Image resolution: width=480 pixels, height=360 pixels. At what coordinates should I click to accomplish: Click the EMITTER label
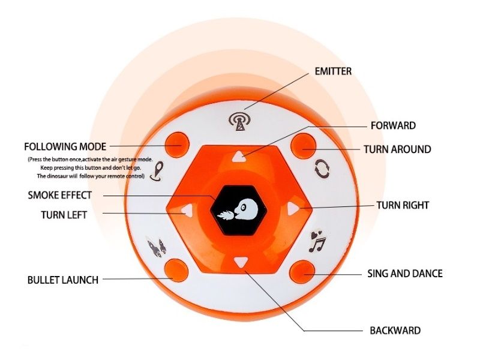(333, 71)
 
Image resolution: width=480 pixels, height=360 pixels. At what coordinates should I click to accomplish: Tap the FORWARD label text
(393, 126)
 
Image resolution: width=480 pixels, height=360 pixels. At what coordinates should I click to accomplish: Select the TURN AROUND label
(397, 149)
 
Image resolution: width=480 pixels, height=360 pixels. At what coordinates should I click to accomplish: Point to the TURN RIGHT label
(403, 205)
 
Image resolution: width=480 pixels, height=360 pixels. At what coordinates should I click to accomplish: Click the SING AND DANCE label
(405, 274)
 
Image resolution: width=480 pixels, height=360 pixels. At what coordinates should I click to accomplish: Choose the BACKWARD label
(395, 331)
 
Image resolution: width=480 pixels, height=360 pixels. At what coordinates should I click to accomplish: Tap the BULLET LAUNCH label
(63, 280)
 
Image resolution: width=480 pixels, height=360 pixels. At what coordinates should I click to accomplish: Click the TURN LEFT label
(64, 215)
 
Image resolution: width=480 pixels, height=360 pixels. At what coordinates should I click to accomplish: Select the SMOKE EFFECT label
(60, 195)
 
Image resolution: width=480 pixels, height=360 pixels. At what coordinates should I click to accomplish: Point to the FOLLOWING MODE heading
(65, 146)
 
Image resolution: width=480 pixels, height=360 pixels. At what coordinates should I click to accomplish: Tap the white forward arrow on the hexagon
(239, 157)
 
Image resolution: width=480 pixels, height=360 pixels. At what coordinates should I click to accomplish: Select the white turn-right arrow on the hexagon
(292, 208)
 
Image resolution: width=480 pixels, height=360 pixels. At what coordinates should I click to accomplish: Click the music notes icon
(316, 241)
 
